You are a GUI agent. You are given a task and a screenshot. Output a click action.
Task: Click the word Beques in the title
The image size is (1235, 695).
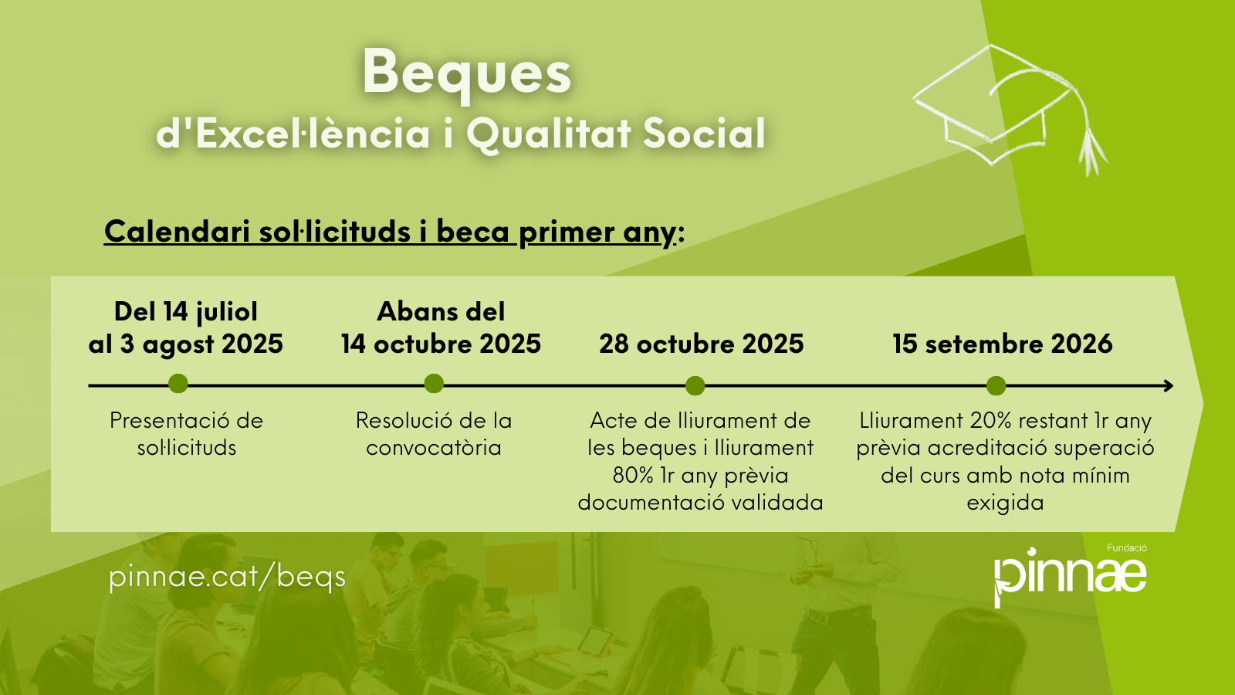coord(466,74)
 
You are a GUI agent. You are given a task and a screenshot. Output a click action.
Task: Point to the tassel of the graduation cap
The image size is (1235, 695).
coord(1090,149)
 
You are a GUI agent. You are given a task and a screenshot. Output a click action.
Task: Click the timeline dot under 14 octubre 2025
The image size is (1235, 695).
coord(434,383)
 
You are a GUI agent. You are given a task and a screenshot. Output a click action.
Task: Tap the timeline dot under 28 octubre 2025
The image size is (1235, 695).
coord(695,385)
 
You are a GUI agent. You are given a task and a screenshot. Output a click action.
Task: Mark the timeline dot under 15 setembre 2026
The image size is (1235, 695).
coord(996,385)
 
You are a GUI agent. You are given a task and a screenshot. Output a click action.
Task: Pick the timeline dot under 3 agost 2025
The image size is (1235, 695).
coord(178,383)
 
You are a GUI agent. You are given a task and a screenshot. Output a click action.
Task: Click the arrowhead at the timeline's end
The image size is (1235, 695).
coord(1169,385)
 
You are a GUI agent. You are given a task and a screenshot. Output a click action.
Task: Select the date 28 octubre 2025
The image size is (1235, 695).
coord(702,344)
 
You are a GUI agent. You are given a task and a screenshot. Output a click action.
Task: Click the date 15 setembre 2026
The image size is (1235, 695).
coord(1003,344)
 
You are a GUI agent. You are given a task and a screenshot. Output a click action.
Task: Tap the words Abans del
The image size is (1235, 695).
coord(441,312)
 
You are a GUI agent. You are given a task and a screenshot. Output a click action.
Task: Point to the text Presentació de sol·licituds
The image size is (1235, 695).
coord(186,434)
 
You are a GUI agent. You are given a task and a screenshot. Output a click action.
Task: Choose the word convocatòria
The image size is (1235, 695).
coord(434,447)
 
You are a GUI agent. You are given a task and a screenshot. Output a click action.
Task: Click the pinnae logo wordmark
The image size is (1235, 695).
coord(1070,576)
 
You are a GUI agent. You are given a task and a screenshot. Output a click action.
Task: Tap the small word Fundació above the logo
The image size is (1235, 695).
coord(1127,548)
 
